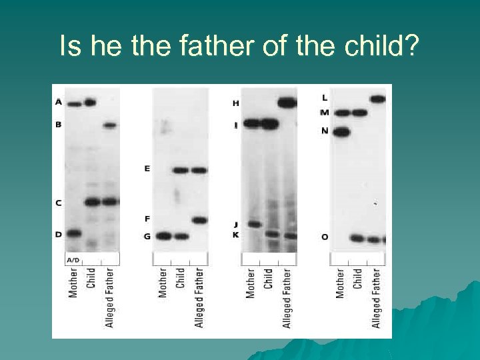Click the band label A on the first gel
click(x=59, y=102)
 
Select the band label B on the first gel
click(x=59, y=125)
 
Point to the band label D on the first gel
click(x=59, y=234)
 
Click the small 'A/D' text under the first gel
click(x=73, y=259)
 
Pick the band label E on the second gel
click(x=147, y=169)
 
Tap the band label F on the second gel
click(x=147, y=219)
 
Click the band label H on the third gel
click(x=235, y=103)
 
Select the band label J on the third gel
click(x=235, y=225)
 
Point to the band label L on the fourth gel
click(x=325, y=98)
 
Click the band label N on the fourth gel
click(x=325, y=131)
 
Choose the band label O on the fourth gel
click(x=325, y=237)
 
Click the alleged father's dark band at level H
click(x=287, y=103)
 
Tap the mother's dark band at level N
click(x=341, y=132)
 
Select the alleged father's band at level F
click(x=199, y=219)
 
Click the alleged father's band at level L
click(x=377, y=99)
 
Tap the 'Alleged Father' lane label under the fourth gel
click(x=377, y=298)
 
